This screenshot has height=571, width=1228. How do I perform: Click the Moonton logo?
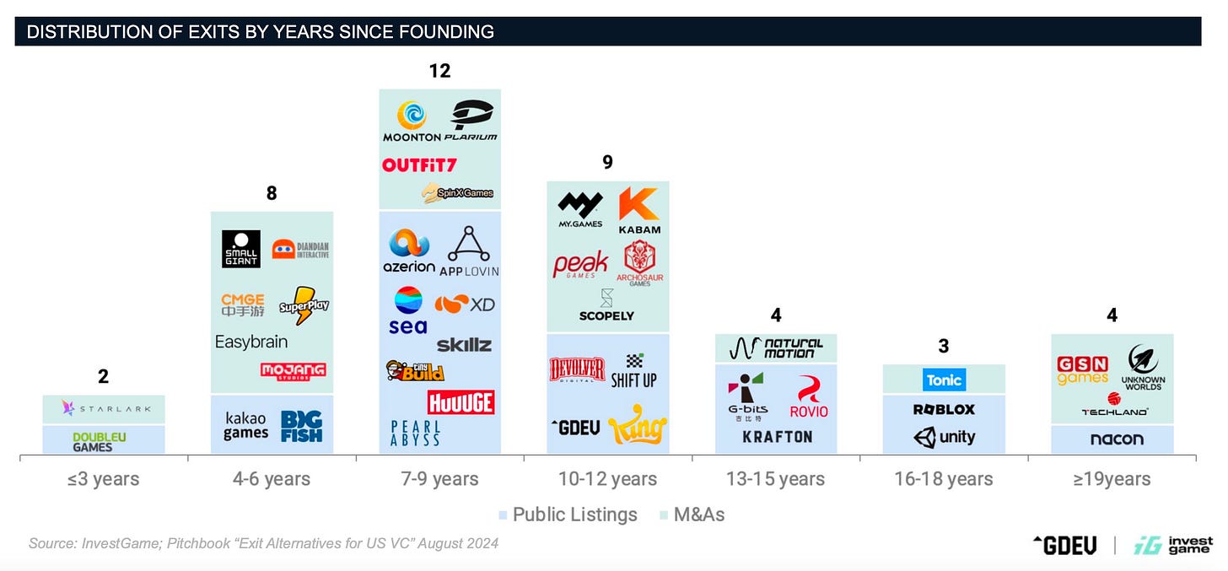(412, 121)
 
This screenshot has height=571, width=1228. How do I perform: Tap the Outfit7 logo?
(419, 164)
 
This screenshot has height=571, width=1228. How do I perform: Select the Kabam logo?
(639, 210)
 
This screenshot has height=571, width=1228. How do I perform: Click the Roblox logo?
(944, 409)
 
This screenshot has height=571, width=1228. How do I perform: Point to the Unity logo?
(944, 437)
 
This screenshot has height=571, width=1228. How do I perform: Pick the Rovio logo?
(809, 397)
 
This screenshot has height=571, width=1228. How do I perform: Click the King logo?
(638, 425)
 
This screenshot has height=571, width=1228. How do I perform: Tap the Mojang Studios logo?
(293, 370)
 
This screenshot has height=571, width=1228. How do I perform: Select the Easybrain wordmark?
(251, 342)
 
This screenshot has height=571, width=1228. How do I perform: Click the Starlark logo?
(105, 409)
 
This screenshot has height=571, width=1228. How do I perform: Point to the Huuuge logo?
(460, 401)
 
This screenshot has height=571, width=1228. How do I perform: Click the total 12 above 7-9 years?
(439, 71)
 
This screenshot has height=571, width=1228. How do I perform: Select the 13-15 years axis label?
(775, 479)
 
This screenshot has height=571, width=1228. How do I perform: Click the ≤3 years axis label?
(104, 479)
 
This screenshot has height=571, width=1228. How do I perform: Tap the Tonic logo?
(944, 380)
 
